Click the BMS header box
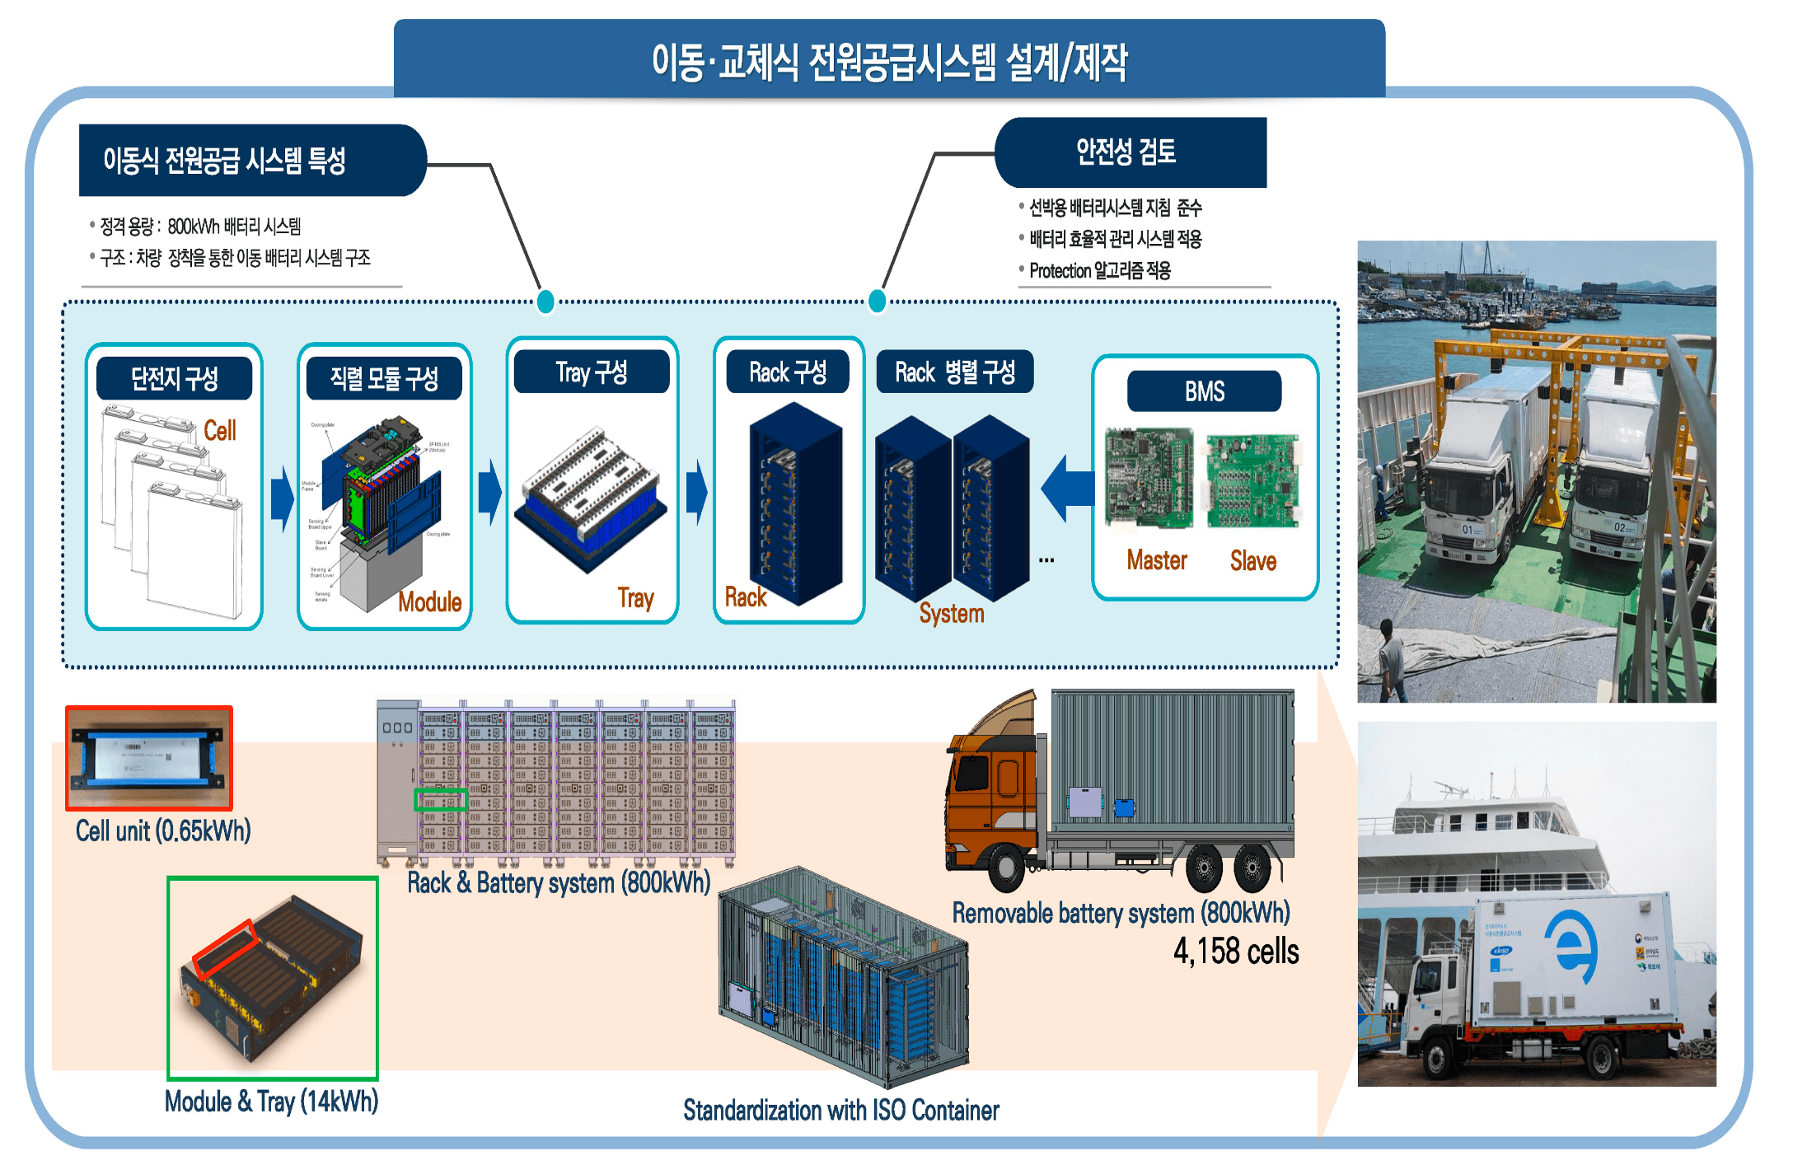point(1204,391)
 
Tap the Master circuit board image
point(1149,477)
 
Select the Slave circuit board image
point(1252,481)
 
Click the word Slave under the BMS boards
point(1252,561)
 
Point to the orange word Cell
point(219,430)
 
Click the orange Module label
point(429,602)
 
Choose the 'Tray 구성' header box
point(591,372)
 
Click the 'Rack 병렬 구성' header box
point(954,372)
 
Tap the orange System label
point(952,614)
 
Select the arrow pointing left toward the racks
point(1068,488)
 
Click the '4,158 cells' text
point(1236,952)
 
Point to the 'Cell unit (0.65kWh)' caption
point(163,830)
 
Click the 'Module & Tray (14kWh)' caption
point(271,1102)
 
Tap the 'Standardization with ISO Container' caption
point(840,1111)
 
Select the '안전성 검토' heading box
point(1126,152)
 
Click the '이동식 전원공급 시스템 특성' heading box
point(224,161)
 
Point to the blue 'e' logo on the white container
point(1572,947)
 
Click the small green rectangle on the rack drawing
point(440,800)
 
